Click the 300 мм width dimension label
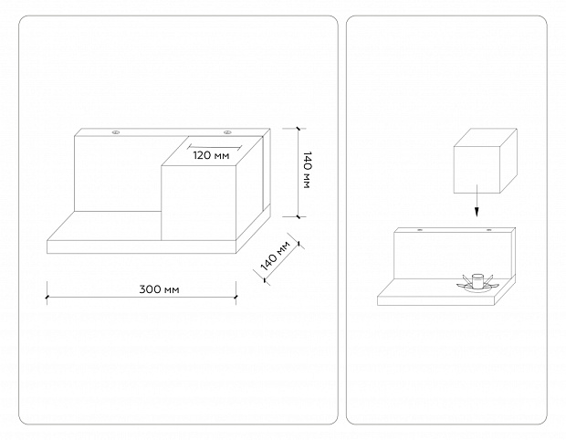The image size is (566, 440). pyautogui.click(x=159, y=289)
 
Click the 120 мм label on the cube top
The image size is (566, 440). pyautogui.click(x=211, y=155)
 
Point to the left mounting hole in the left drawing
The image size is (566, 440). pyautogui.click(x=116, y=133)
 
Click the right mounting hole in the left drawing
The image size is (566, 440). pyautogui.click(x=227, y=133)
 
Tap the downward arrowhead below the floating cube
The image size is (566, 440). pyautogui.click(x=475, y=213)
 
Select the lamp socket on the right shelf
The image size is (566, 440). pyautogui.click(x=476, y=279)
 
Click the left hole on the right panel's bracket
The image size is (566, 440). pyautogui.click(x=420, y=231)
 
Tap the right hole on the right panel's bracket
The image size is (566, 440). pyautogui.click(x=489, y=231)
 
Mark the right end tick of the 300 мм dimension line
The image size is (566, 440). pyautogui.click(x=236, y=289)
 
